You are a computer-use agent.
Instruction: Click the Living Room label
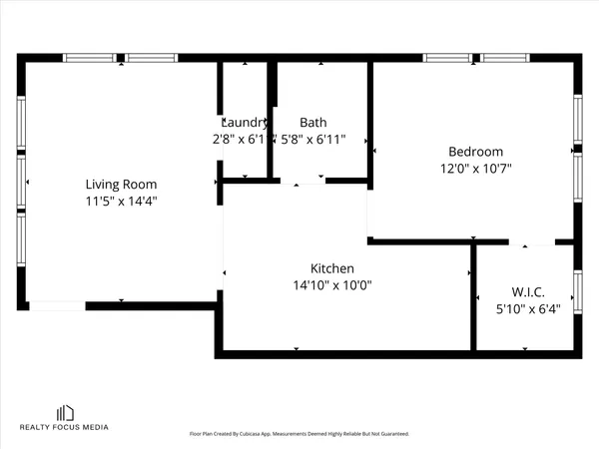121,184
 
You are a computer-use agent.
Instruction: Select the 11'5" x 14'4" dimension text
121,201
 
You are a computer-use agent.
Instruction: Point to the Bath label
312,123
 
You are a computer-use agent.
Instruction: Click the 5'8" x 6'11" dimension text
312,140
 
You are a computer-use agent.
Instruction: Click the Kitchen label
332,268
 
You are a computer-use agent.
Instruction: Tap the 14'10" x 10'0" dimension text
332,285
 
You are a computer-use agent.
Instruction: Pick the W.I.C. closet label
527,292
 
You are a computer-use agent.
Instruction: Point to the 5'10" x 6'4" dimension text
527,309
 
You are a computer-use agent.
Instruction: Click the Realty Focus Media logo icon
66,412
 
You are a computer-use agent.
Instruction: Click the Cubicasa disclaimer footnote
299,434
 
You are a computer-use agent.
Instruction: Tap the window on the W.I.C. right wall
577,291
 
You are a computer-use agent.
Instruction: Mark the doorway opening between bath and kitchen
302,182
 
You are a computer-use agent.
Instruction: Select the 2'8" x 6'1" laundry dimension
240,140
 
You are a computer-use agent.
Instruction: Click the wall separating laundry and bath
271,120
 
